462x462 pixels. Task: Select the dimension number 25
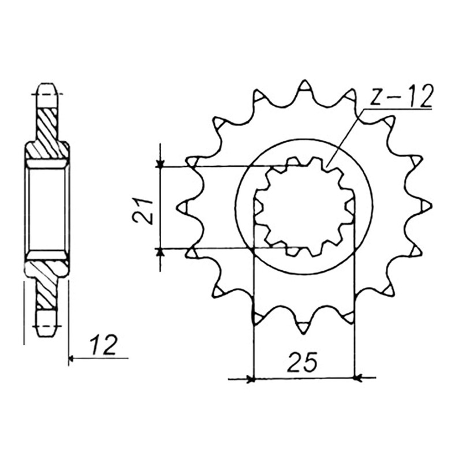pos(303,362)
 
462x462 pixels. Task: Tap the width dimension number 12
pos(104,344)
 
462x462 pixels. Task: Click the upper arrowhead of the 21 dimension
pos(160,164)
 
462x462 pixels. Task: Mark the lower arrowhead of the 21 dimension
pos(160,252)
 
